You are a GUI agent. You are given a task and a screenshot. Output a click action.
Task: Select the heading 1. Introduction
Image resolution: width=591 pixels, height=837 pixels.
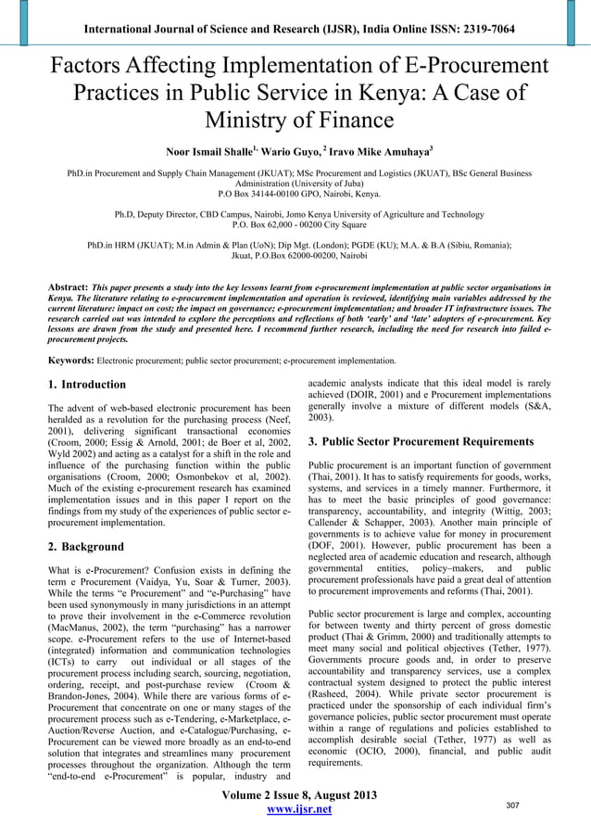[87, 385]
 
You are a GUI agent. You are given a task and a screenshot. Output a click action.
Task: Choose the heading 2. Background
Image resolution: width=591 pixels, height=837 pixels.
[85, 547]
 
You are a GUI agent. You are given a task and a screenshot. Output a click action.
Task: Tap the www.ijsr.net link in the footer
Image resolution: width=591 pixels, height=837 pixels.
[295, 809]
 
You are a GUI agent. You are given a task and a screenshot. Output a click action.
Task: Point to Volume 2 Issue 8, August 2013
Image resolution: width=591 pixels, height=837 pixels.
[295, 793]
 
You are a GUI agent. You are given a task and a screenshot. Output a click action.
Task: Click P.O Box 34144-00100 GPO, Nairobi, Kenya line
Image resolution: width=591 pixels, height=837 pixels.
[295, 194]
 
